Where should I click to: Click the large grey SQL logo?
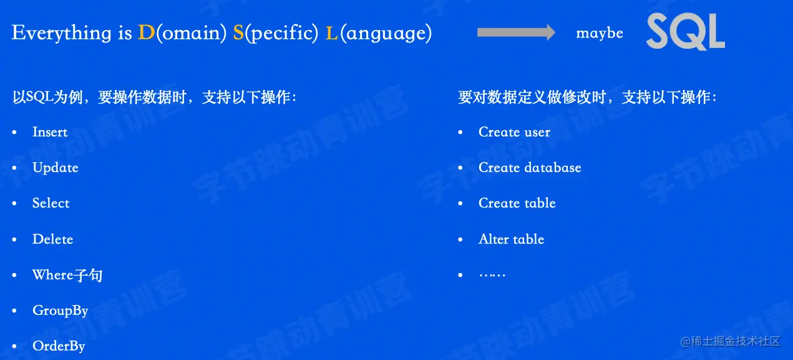coord(686,31)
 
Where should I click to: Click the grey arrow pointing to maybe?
coord(516,32)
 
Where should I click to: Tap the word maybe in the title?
coord(600,33)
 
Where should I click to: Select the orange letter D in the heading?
coord(146,32)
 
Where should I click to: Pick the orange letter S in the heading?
coord(238,32)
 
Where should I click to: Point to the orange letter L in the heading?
coord(331,32)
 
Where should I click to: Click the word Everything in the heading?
coord(61,33)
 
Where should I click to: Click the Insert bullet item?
coord(50,132)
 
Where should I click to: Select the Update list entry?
coord(56,167)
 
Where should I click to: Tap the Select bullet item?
coord(51,203)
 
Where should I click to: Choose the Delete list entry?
coord(53,239)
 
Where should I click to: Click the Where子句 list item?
coord(67,275)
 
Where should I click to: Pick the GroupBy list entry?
coord(60,311)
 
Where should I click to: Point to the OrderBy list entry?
coord(59,346)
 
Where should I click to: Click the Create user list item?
coord(514,132)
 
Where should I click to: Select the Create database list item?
coord(530,167)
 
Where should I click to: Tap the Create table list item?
coord(517,203)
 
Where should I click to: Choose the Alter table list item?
coord(512,239)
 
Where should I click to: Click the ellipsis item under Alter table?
coord(492,275)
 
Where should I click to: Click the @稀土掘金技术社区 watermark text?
coord(731,341)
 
